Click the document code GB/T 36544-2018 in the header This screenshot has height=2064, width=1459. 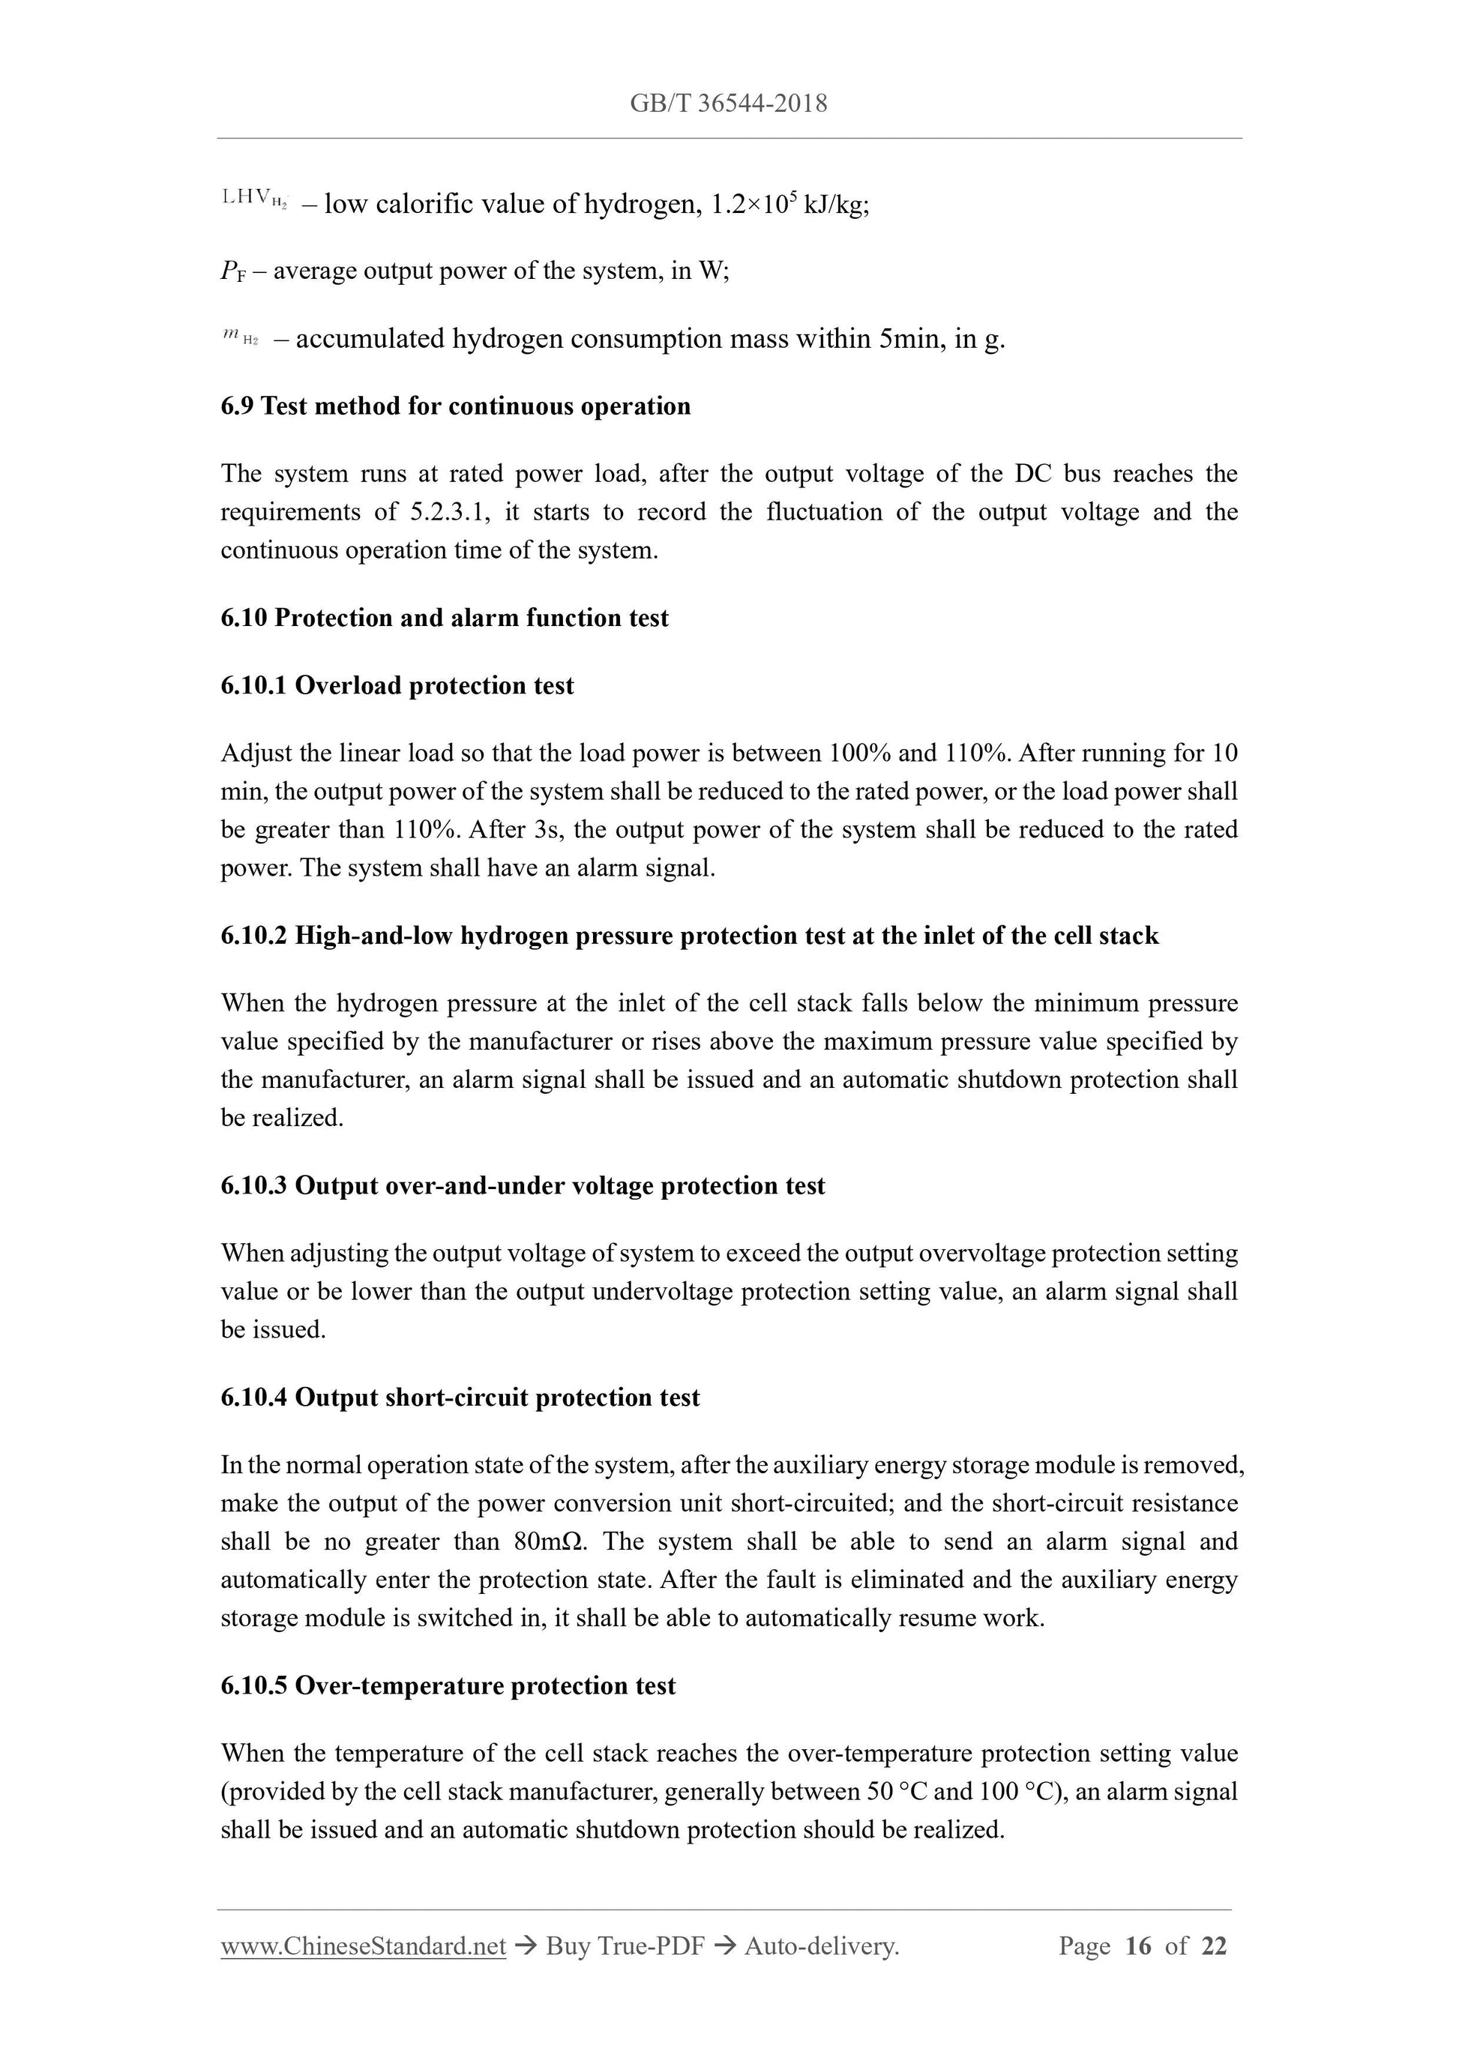pyautogui.click(x=728, y=103)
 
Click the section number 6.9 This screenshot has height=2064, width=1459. pyautogui.click(x=238, y=406)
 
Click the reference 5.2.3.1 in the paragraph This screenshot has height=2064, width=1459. pyautogui.click(x=451, y=512)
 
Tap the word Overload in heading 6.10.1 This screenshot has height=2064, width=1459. pyautogui.click(x=348, y=686)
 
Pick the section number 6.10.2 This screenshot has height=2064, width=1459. pyautogui.click(x=253, y=936)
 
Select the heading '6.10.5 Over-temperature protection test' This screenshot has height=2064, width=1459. pyautogui.click(x=448, y=1685)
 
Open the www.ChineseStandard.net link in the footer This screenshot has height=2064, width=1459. pyautogui.click(x=363, y=1946)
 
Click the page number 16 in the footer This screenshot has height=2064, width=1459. pyautogui.click(x=1137, y=1946)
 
